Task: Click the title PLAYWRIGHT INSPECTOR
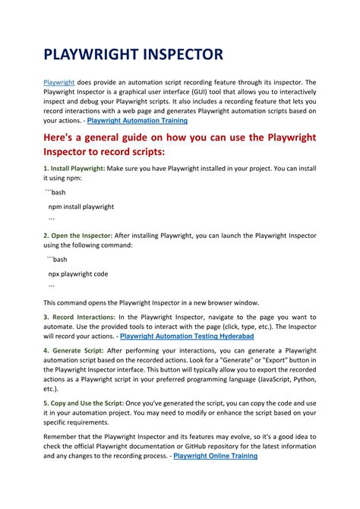point(133,55)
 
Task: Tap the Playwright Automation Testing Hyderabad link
point(187,335)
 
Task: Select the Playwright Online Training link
point(216,456)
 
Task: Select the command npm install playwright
point(81,206)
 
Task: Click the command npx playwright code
point(78,273)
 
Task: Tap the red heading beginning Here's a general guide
point(179,147)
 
